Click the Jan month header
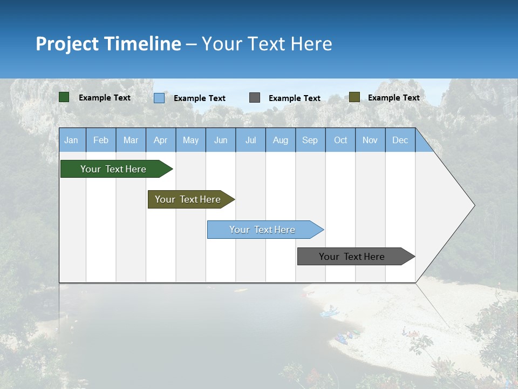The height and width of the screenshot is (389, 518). pos(71,140)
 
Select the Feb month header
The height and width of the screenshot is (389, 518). pos(101,140)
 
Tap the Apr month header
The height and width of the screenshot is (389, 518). pos(160,140)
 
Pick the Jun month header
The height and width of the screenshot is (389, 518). pos(221,140)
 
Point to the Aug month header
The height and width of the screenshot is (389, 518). pos(280,140)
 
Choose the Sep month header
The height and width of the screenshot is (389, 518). pos(310,140)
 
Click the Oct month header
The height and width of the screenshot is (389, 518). pos(340,140)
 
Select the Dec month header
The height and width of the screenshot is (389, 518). pos(400,140)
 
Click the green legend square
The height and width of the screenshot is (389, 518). pos(64,97)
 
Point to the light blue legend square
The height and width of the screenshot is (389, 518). pos(159,98)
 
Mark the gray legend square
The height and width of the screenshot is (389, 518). pos(255,98)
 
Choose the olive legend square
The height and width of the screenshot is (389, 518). pos(354,97)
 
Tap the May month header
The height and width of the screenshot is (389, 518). pos(190,140)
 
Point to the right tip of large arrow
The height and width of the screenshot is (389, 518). pos(474,205)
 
